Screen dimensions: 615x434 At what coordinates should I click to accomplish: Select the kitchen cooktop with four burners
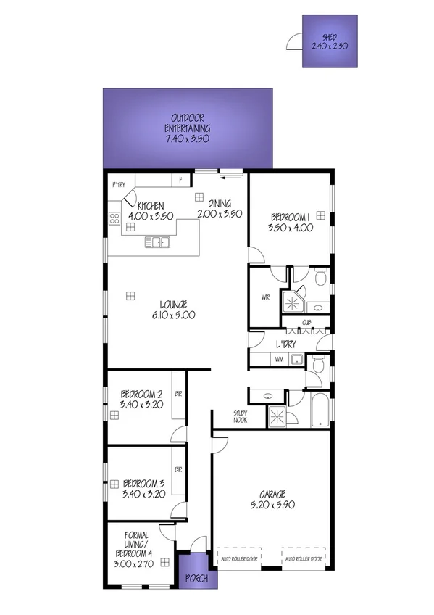[x=114, y=217]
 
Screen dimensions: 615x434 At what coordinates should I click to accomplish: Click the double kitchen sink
[x=157, y=242]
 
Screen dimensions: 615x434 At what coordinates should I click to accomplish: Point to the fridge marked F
[x=180, y=179]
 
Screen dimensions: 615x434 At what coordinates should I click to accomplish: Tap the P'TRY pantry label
[x=118, y=185]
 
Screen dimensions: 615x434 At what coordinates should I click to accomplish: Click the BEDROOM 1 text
[x=290, y=217]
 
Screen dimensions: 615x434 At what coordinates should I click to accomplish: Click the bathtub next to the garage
[x=320, y=410]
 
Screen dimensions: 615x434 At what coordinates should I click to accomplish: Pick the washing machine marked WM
[x=278, y=358]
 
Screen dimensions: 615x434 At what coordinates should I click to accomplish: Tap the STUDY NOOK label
[x=241, y=416]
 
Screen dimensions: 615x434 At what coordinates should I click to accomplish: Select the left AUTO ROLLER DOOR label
[x=239, y=560]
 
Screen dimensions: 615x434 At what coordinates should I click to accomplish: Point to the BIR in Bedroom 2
[x=178, y=394]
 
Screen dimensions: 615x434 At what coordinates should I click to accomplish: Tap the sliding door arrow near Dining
[x=232, y=173]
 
